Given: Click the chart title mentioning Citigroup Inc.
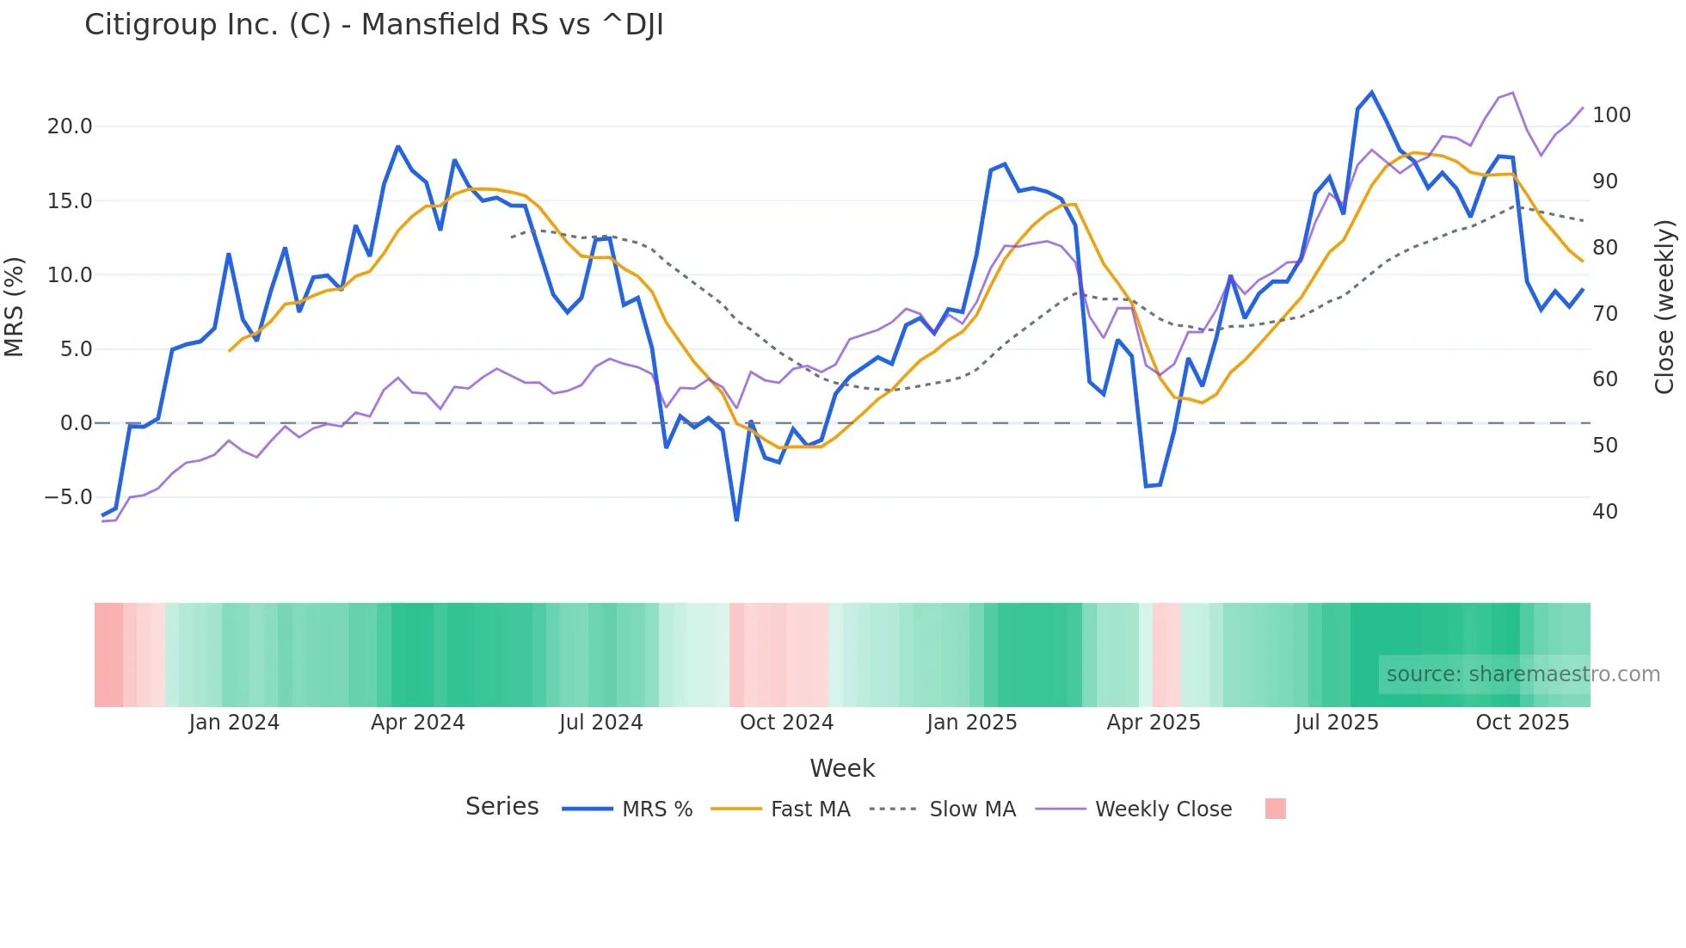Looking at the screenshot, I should (373, 25).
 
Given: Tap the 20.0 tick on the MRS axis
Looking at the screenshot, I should (69, 126).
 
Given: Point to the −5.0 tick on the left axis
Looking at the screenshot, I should (68, 497).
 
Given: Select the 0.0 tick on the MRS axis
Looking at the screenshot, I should (76, 423).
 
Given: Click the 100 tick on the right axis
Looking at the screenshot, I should (1611, 115).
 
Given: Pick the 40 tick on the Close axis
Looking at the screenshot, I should (1605, 512).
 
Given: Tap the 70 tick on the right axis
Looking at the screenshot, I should (1605, 314).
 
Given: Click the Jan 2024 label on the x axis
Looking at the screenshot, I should (234, 723).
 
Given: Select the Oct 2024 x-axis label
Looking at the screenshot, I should (786, 723).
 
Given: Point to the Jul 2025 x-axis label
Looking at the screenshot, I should (1336, 723).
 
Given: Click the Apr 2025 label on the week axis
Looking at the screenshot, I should (1153, 723).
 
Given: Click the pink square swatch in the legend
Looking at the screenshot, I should (1275, 809).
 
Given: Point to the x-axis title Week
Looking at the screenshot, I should (842, 768).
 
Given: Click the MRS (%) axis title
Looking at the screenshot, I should (15, 307).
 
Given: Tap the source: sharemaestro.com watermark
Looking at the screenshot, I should (1523, 674).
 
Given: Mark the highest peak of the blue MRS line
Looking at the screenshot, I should (1371, 92).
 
